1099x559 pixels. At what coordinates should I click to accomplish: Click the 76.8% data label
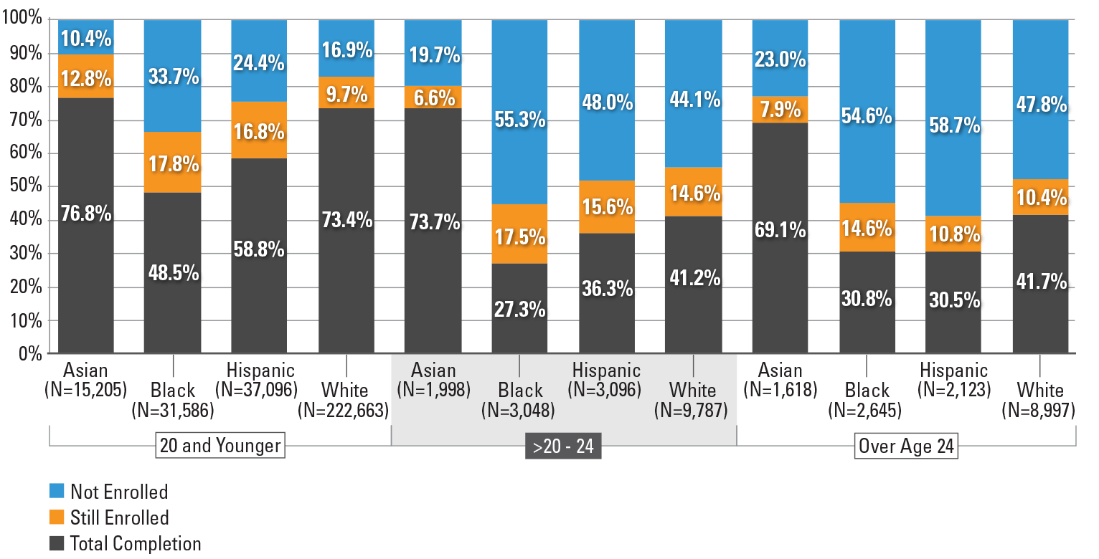point(85,214)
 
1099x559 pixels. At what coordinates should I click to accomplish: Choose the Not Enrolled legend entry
point(118,492)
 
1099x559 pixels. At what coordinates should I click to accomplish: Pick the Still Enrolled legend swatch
point(56,517)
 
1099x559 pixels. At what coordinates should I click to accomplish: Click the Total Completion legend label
point(136,543)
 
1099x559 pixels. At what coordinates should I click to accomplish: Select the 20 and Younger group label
point(220,446)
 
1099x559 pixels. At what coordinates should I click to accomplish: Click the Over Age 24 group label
point(907,446)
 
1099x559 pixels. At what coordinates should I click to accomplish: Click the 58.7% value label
point(953,126)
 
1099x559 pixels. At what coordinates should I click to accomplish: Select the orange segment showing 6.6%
point(433,97)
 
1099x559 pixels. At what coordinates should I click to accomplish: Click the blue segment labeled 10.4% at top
point(85,37)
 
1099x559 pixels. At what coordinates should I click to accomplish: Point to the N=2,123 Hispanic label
point(953,390)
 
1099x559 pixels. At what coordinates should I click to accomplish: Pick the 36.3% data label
point(606,289)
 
